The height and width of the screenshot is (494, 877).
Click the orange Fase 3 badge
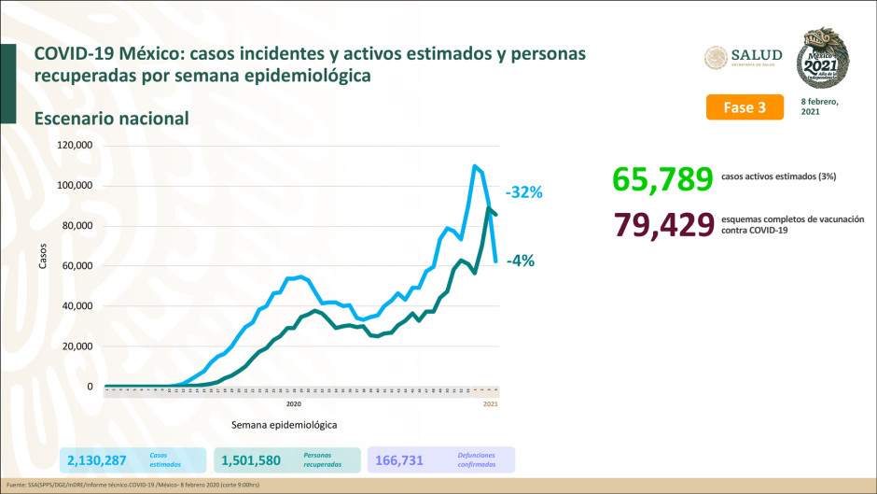[x=744, y=107]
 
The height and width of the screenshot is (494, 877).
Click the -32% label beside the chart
[x=523, y=192]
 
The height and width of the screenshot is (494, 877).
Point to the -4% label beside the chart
[x=520, y=261]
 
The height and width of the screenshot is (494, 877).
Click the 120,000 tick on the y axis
[x=74, y=146]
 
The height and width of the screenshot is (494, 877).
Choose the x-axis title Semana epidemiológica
[x=284, y=423]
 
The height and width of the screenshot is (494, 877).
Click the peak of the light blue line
[x=475, y=166]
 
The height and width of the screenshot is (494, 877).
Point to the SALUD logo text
[x=755, y=55]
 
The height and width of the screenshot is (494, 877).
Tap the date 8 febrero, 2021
[x=820, y=106]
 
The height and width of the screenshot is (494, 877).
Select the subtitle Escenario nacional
[x=112, y=119]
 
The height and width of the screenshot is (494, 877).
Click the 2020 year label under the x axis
[x=293, y=403]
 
